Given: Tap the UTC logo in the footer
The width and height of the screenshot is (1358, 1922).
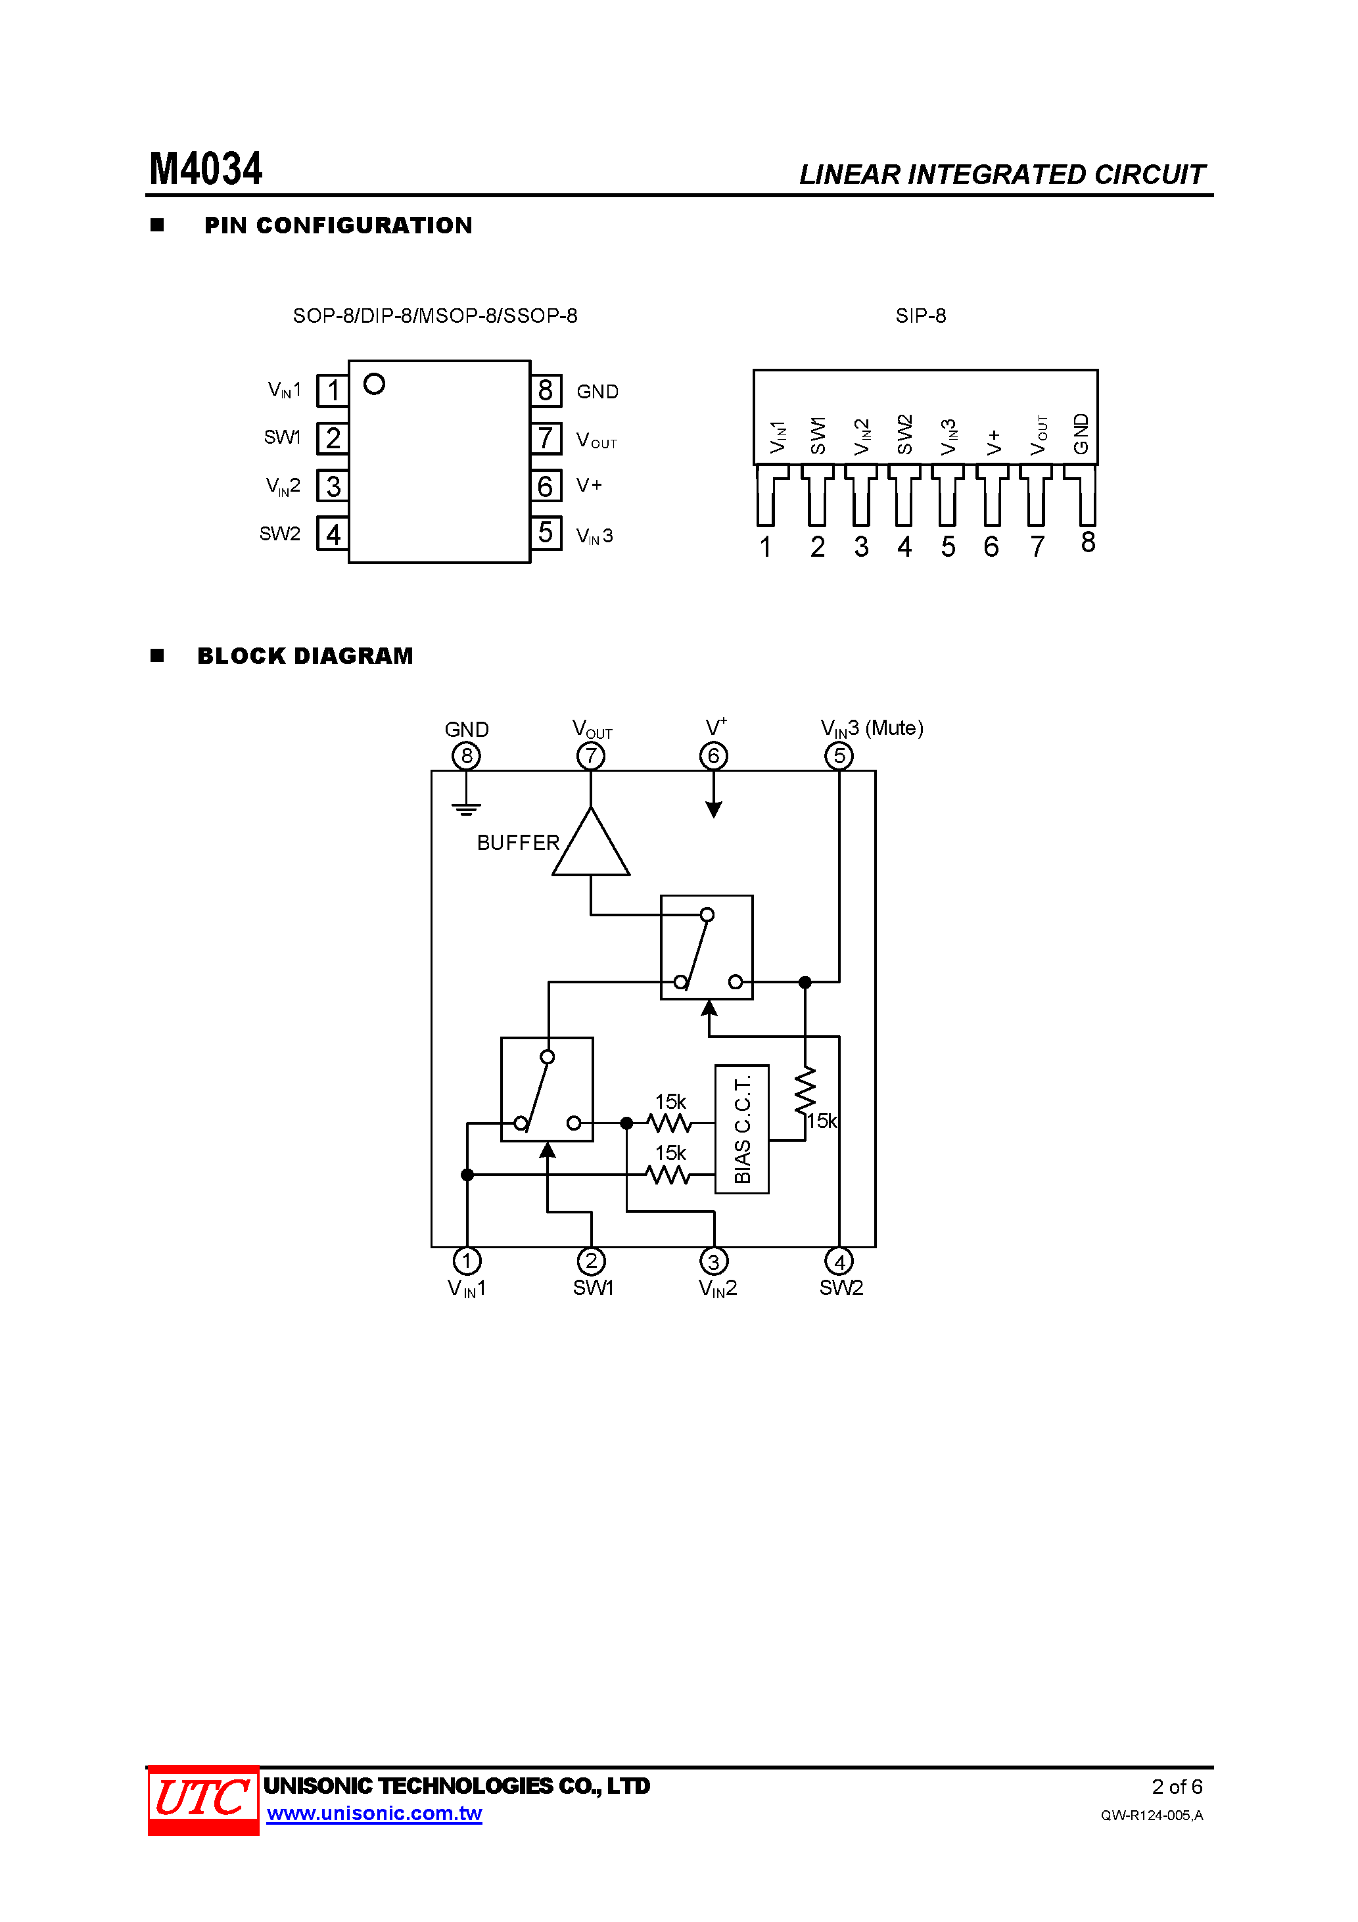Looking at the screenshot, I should coord(202,1799).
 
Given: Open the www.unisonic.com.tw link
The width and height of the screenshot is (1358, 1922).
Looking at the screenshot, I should coord(374,1813).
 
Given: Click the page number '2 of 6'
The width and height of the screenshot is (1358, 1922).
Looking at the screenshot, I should coord(1177,1787).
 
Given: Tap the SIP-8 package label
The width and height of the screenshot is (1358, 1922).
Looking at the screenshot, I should coord(920,316).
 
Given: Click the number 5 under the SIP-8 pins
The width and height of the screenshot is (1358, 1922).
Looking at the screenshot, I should coord(948,548).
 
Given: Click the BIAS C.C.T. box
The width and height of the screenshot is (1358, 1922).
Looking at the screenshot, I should coord(742,1129).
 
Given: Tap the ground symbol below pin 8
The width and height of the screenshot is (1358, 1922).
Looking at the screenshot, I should coord(466,809).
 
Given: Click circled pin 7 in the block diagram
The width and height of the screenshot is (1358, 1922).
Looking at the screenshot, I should coord(591,757).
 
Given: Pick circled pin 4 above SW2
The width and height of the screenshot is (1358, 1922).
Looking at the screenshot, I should coord(839,1261).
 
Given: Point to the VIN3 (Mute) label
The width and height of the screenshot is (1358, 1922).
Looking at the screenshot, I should coord(872,728).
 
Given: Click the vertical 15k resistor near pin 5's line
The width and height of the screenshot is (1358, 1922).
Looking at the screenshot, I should coord(805,1090).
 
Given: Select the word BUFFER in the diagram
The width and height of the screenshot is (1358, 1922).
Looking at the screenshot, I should coord(518,843).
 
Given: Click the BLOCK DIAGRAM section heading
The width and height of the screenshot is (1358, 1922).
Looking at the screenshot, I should coord(305,655).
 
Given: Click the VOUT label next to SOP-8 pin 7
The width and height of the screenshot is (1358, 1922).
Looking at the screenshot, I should coord(596,440).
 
